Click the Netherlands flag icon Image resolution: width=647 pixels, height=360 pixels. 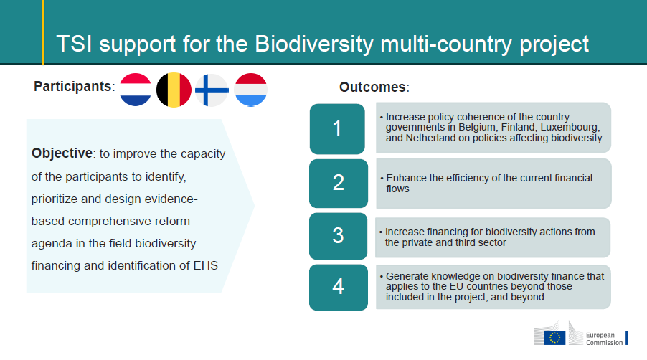(136, 90)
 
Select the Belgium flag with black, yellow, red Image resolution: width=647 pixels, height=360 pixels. (174, 90)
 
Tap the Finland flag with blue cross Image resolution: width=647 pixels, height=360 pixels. (212, 90)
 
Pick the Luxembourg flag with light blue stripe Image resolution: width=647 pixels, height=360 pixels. (250, 90)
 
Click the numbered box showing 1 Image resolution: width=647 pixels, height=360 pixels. (337, 128)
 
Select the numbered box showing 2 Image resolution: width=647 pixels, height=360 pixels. (339, 183)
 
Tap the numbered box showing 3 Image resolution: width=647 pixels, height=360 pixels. (338, 236)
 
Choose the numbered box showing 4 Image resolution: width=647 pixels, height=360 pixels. (339, 287)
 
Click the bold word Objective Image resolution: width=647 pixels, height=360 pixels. (62, 153)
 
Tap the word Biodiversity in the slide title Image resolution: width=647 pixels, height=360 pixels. (314, 44)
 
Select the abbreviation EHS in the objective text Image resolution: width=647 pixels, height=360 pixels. (205, 265)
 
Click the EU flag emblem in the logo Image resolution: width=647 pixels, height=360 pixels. (555, 338)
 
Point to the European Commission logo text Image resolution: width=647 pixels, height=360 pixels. (605, 339)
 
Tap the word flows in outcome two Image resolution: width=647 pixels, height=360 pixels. (398, 189)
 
